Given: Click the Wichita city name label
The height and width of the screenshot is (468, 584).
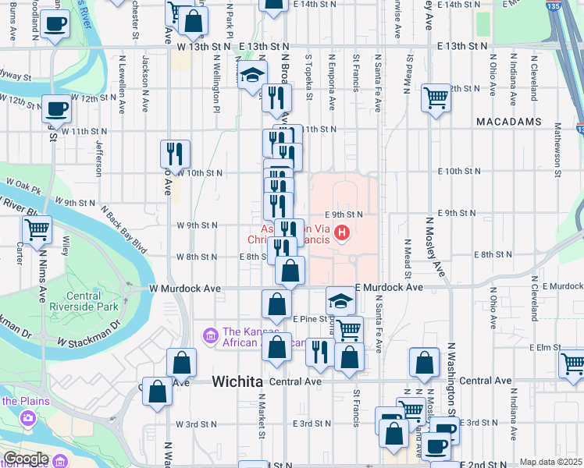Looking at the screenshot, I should click(x=237, y=381).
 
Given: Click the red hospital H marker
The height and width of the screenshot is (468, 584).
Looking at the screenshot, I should click(x=341, y=232).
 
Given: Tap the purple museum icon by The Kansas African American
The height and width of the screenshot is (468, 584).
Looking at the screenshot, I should click(x=209, y=335).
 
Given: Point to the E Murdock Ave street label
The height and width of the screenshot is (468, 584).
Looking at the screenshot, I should click(x=388, y=288).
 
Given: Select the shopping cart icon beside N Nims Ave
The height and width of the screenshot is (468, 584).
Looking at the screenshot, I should click(x=37, y=230).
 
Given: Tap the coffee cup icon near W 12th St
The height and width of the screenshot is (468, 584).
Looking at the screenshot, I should click(x=56, y=108).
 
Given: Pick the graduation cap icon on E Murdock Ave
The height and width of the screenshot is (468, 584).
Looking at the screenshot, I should click(x=340, y=300).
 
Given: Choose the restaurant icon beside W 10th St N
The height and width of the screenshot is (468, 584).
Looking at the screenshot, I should click(x=175, y=153).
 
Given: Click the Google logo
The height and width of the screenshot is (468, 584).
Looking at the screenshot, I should click(x=25, y=459).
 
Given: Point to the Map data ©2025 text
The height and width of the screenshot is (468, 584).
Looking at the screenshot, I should click(x=550, y=462).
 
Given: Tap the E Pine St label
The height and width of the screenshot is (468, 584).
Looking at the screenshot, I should click(x=308, y=318).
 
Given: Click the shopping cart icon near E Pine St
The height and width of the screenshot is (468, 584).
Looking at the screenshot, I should click(x=348, y=328).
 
